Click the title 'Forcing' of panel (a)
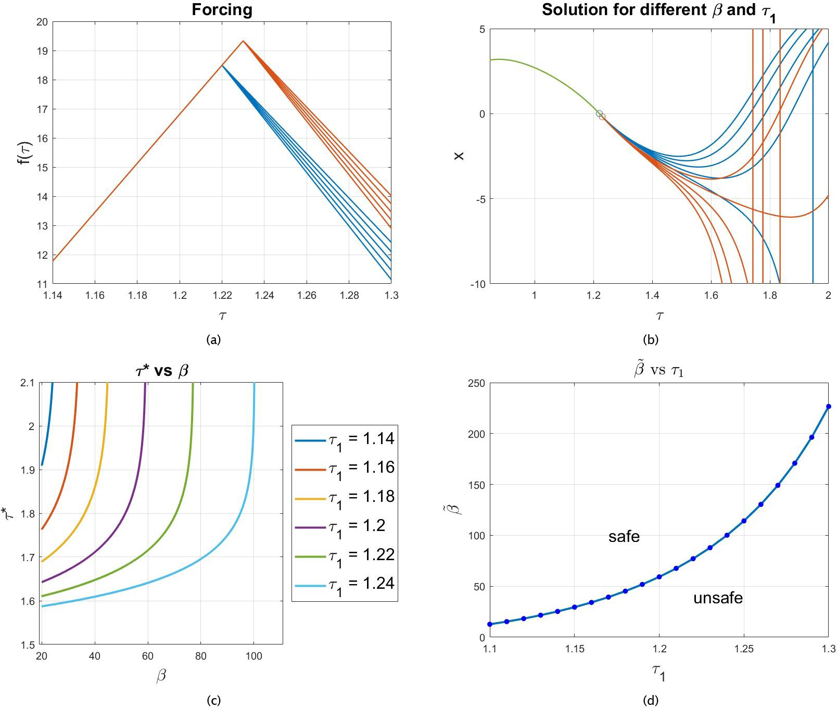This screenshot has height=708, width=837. (x=222, y=10)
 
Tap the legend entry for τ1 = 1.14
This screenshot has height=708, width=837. (x=345, y=439)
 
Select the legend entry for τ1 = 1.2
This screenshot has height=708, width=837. (x=345, y=526)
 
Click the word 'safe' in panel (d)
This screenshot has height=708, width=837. (x=624, y=537)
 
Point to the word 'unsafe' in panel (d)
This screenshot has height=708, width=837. (x=717, y=598)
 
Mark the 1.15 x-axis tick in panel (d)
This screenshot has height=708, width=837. (x=574, y=649)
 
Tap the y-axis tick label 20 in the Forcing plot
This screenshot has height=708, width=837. (x=42, y=22)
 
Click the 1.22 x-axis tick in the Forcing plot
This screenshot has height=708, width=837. (x=222, y=296)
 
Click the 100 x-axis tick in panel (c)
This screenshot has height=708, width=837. (x=254, y=656)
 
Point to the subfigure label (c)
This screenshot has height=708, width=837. (x=213, y=700)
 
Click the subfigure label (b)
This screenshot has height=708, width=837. (x=651, y=340)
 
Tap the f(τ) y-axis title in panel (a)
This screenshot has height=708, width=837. (x=24, y=153)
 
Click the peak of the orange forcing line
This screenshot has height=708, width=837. (x=243, y=41)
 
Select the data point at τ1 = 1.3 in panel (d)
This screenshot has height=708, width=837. (x=828, y=407)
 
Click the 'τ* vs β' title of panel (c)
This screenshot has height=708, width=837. (x=162, y=371)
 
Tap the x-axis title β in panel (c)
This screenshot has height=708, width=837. (x=161, y=676)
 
